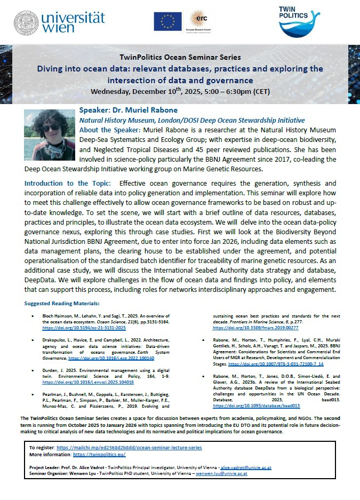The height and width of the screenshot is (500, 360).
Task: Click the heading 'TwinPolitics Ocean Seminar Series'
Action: (180, 57)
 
